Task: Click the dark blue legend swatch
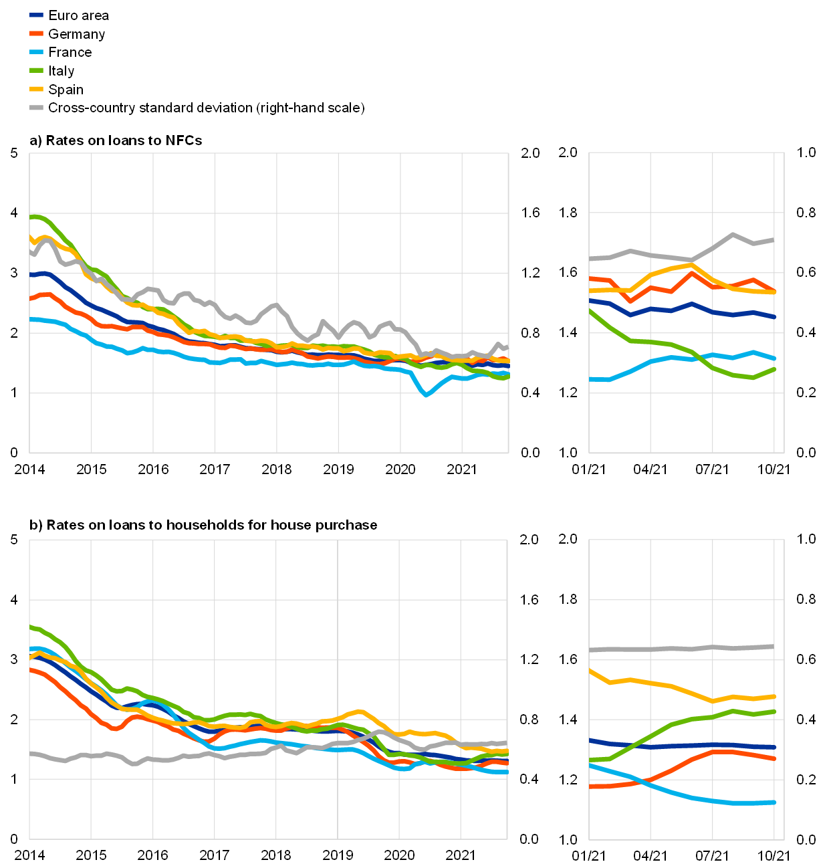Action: coord(36,15)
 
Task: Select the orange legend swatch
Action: coord(36,33)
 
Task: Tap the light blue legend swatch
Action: coord(36,51)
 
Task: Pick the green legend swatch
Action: coord(36,70)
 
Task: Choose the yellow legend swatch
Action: coord(36,89)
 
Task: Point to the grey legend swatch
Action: coord(36,108)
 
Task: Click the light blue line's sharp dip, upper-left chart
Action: coord(426,395)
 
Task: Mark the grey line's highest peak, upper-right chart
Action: coord(733,235)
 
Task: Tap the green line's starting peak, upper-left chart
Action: coord(35,217)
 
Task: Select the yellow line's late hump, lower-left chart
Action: coord(359,712)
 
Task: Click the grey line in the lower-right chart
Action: coord(682,649)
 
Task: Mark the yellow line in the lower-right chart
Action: coord(669,686)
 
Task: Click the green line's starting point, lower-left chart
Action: coord(31,627)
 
